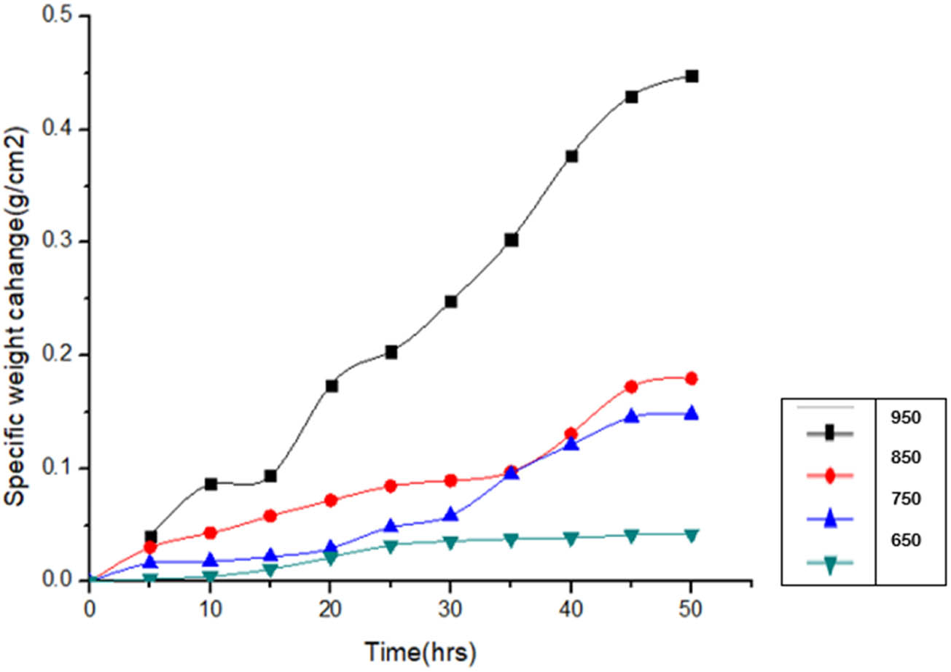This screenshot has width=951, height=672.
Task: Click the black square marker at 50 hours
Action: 692,77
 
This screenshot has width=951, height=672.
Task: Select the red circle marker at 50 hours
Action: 692,378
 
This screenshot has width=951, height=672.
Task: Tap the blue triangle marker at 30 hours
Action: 451,515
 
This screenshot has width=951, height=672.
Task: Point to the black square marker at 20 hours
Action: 332,386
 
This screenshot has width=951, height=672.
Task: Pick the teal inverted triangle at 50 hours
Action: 692,535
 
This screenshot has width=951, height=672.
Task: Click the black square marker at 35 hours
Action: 512,240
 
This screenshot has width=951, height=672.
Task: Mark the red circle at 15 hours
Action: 271,516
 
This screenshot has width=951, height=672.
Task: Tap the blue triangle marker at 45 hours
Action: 631,416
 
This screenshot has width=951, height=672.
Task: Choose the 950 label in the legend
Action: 906,418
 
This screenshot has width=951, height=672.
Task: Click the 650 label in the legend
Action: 906,541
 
